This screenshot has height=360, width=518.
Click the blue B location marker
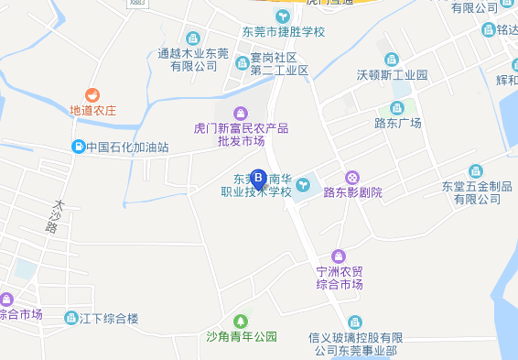[258, 177]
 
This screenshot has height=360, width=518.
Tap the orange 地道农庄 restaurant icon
[92, 95]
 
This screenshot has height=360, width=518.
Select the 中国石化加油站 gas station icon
[80, 147]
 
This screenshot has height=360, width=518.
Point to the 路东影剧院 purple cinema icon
[352, 177]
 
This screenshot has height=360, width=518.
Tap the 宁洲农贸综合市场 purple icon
[340, 256]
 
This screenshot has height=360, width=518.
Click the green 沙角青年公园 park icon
[241, 322]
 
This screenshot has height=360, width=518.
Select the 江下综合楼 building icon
[71, 318]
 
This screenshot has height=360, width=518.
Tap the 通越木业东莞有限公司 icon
[192, 38]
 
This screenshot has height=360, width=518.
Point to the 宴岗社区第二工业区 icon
[243, 63]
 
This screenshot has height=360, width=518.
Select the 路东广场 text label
[397, 124]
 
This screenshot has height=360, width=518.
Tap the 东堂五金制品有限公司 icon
[475, 171]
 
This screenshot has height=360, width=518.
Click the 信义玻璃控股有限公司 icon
[355, 322]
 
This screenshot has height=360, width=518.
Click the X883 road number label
[137, 4]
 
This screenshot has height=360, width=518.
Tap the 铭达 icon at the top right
[491, 29]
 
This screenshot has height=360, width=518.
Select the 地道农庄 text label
[93, 111]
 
